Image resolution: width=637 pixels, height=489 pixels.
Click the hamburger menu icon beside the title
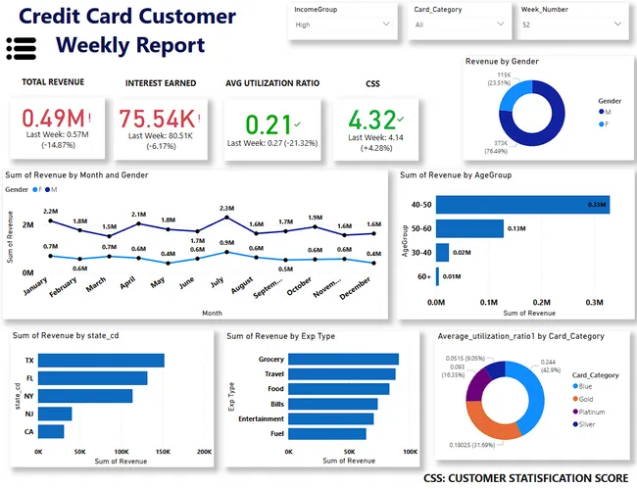pyautogui.click(x=21, y=45)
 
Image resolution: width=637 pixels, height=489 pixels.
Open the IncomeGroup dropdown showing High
pyautogui.click(x=342, y=25)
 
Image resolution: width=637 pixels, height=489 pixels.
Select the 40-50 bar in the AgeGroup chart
pyautogui.click(x=522, y=204)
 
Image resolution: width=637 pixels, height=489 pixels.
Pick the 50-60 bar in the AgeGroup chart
pyautogui.click(x=470, y=228)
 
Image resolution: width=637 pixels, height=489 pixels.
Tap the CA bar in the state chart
pyautogui.click(x=51, y=431)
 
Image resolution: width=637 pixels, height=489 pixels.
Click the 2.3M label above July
pyautogui.click(x=226, y=208)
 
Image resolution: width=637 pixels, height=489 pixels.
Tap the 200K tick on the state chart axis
pyautogui.click(x=204, y=453)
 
